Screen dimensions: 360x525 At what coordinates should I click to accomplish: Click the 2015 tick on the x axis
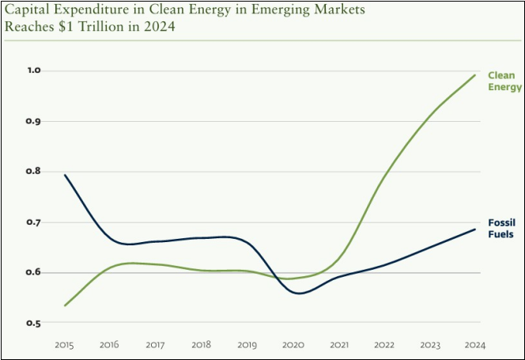click(x=64, y=345)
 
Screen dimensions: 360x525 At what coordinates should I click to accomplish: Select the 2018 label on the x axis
click(x=202, y=345)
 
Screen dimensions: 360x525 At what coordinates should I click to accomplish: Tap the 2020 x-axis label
click(x=293, y=345)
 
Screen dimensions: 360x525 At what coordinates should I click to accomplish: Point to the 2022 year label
click(x=384, y=345)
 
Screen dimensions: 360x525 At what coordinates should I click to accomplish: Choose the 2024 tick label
click(x=475, y=345)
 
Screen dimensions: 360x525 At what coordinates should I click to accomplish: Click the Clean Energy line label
click(x=504, y=81)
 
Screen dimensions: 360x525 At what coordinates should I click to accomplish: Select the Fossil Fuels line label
click(x=501, y=229)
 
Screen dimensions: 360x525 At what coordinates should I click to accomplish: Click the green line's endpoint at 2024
click(x=475, y=75)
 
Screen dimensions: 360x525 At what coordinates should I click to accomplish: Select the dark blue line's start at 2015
click(x=65, y=175)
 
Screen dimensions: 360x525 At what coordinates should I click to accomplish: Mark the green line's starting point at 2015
click(x=65, y=305)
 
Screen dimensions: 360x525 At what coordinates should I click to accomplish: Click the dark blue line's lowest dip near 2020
click(x=300, y=294)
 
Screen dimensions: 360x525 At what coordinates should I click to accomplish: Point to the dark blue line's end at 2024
click(x=475, y=229)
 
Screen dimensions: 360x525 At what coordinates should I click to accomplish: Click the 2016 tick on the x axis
click(x=111, y=345)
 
